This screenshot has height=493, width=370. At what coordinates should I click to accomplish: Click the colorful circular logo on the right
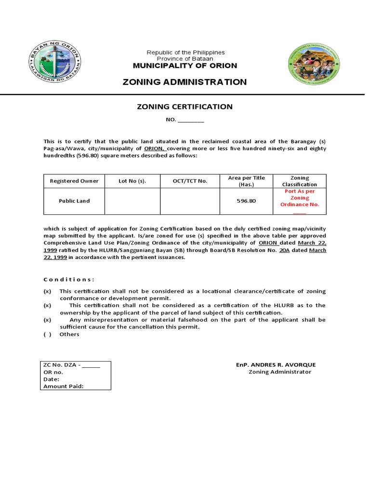click(x=313, y=65)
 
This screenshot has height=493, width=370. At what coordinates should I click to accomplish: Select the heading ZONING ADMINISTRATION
click(x=185, y=82)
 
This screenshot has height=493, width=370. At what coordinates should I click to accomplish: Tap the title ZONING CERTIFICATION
click(x=185, y=107)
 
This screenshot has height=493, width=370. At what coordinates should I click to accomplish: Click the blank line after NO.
click(x=191, y=120)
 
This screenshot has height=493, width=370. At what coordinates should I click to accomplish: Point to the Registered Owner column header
click(x=74, y=181)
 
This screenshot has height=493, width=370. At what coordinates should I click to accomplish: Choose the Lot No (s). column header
click(x=132, y=181)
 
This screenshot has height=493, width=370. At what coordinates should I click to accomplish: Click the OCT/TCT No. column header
click(x=190, y=181)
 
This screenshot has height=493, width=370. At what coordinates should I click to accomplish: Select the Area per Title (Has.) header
click(x=246, y=181)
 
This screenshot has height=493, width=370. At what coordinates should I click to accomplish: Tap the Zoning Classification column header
click(x=299, y=181)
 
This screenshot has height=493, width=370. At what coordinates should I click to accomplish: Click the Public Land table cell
click(x=74, y=201)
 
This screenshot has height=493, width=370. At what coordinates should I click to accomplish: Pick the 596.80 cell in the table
click(x=246, y=201)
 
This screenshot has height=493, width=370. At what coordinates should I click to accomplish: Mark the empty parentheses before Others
click(x=47, y=334)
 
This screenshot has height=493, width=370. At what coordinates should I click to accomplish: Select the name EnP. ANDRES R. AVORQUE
click(x=276, y=365)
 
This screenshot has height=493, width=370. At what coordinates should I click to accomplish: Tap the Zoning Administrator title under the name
click(x=280, y=372)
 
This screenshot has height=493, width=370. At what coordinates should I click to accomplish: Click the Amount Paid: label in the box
click(x=64, y=386)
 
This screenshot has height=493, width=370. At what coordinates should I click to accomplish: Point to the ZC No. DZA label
click(x=62, y=365)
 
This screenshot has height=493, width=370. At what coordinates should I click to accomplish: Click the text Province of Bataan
click(x=185, y=58)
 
